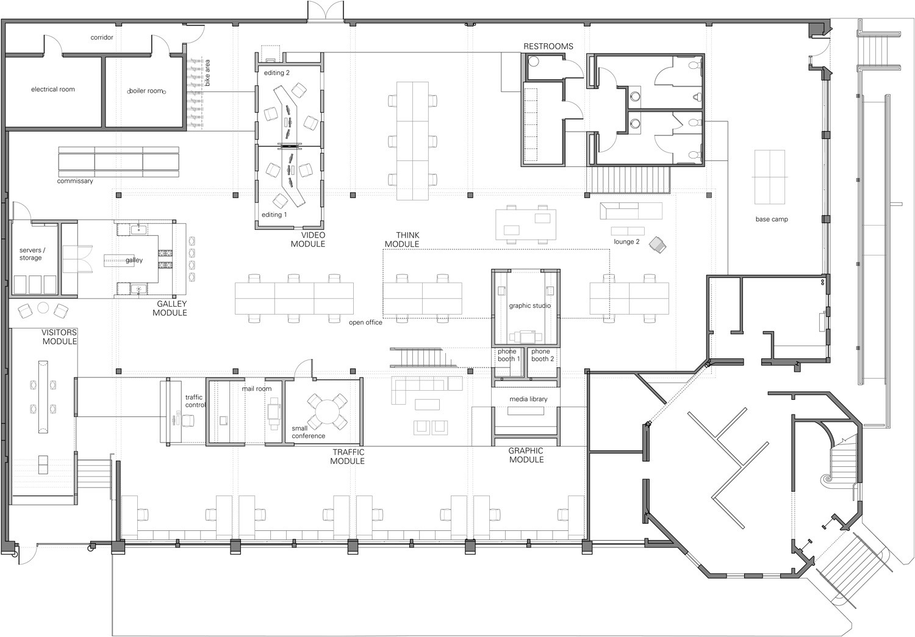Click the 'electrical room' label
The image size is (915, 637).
tap(53, 90)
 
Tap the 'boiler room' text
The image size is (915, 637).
tap(146, 91)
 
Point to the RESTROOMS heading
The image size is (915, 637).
tap(548, 46)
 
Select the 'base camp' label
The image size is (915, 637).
tap(772, 219)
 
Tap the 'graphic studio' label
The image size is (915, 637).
tap(530, 305)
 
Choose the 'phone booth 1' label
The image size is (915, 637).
tap(509, 355)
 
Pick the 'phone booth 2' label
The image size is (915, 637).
tap(542, 355)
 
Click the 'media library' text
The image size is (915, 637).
tap(528, 399)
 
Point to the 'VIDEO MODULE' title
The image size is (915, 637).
tap(308, 240)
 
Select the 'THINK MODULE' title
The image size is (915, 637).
tap(402, 240)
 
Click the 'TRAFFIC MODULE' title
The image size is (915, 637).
tap(348, 457)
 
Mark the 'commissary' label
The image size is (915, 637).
tap(75, 181)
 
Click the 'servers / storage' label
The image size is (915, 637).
tap(32, 254)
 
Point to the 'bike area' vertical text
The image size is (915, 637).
tap(207, 73)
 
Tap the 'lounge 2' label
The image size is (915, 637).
tap(626, 241)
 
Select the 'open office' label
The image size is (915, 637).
tap(365, 322)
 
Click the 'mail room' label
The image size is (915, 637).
tap(257, 388)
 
